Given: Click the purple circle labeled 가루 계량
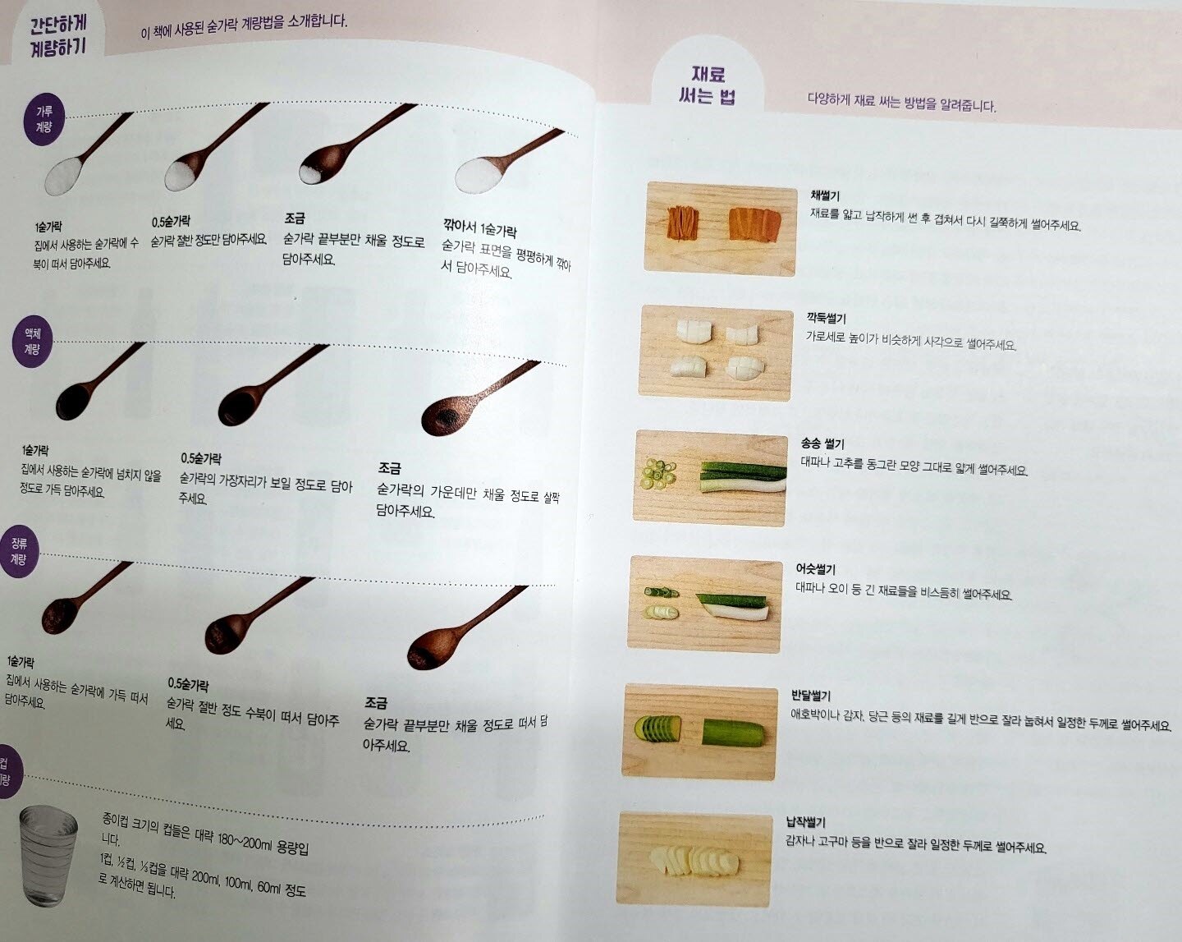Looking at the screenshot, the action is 44,119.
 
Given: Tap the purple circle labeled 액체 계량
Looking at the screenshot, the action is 32,342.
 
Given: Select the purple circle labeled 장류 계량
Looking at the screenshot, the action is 20,551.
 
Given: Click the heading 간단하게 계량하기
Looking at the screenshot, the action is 58,36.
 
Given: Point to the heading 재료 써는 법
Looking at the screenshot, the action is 708,85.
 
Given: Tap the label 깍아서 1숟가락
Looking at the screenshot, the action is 479,227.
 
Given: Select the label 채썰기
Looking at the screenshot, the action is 825,195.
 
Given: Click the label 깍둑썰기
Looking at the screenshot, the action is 826,318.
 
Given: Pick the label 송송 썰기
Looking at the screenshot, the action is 822,443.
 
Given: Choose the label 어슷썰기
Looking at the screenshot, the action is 815,569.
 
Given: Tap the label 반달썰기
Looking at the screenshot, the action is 811,696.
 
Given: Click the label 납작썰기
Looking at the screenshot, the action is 806,822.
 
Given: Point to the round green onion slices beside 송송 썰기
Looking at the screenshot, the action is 658,474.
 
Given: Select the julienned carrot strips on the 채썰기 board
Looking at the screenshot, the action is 683,223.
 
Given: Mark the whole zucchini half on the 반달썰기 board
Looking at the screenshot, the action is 733,733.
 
